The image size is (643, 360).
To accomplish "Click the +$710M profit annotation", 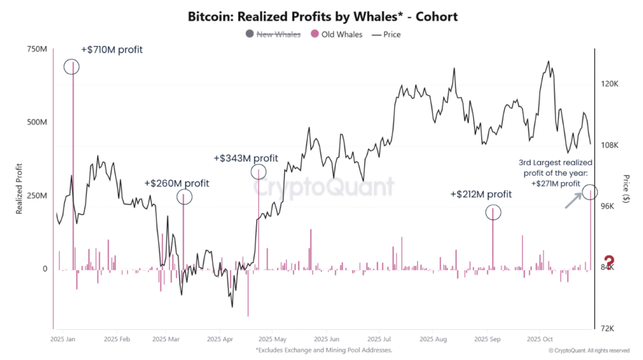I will tap(116, 50).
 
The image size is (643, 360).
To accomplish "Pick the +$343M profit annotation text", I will tap(246, 158).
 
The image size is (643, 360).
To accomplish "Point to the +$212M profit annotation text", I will tap(481, 195).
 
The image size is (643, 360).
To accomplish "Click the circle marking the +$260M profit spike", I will tap(184, 197).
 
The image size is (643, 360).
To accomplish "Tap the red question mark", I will tap(608, 262).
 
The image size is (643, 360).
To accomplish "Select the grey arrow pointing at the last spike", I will tap(573, 200).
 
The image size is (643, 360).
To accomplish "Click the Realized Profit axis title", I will tap(19, 188).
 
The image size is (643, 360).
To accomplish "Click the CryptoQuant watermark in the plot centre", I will tap(324, 187).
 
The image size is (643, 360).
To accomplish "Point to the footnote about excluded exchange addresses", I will tap(323, 350).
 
